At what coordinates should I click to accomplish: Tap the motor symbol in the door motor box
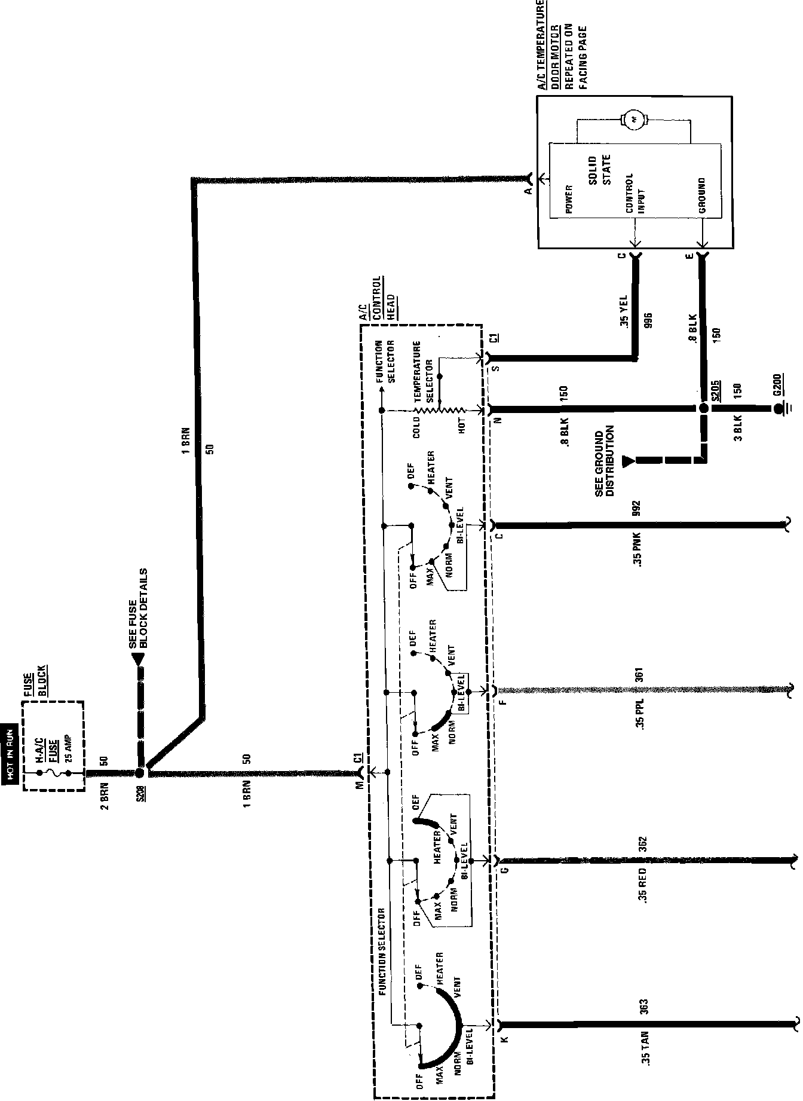tap(635, 120)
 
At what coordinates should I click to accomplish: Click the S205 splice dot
tap(703, 409)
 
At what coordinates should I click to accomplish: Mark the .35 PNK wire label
tap(638, 550)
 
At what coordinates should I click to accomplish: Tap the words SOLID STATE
tap(599, 170)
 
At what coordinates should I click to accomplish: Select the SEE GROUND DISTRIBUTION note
tap(605, 461)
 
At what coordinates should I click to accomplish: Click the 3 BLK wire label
tap(738, 427)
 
